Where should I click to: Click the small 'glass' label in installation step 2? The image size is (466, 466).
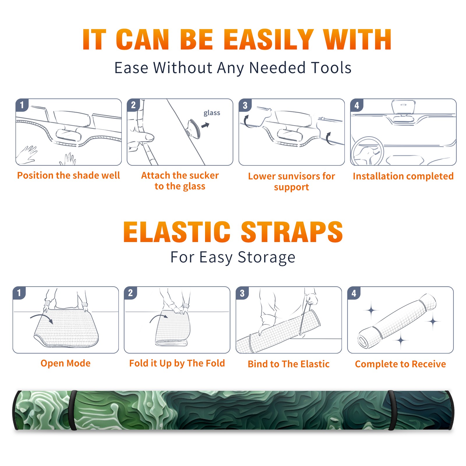point(212,113)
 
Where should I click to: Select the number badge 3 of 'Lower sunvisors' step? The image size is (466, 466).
point(245,105)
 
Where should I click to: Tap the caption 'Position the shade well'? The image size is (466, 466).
point(68,175)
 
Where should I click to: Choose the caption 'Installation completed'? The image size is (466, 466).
point(403,176)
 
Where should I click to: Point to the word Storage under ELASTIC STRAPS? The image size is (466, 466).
point(266,257)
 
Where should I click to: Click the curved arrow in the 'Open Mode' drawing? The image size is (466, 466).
point(42,317)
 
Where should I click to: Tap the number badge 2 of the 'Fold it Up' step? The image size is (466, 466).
point(130,293)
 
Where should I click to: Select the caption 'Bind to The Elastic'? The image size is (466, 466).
point(288,364)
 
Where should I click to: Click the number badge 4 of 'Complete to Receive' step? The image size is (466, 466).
point(354,293)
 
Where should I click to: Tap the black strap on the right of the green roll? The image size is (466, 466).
point(392,410)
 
